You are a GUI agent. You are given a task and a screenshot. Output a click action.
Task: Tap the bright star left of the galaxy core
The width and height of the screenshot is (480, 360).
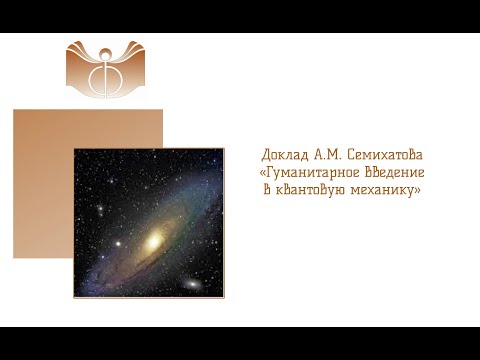117,243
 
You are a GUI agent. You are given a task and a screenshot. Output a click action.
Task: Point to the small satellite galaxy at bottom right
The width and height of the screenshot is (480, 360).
191,284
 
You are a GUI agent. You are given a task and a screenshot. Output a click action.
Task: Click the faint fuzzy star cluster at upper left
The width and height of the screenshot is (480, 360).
99,209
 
